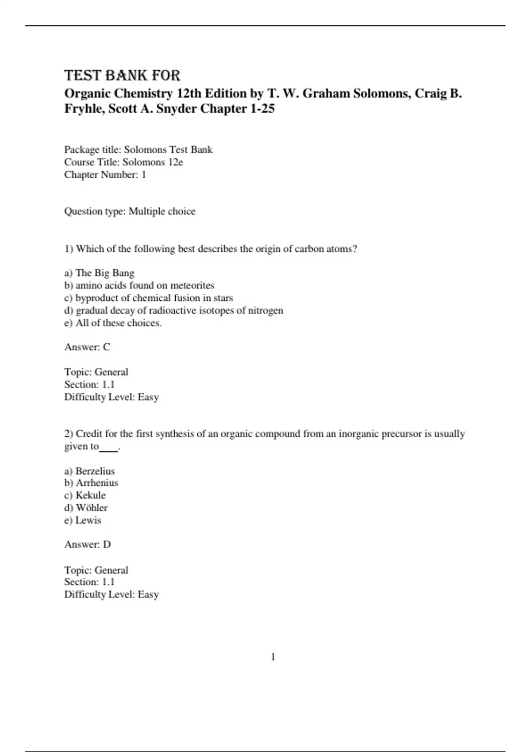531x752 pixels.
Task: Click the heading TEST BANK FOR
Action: (x=122, y=75)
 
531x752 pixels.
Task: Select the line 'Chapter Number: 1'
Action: (x=105, y=175)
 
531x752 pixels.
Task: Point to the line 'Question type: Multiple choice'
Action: (x=130, y=211)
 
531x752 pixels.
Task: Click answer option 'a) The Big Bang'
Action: (x=99, y=273)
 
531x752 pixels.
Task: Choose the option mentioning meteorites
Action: (x=139, y=285)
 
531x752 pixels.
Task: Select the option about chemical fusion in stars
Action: (x=148, y=298)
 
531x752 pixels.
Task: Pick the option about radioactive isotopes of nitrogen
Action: (x=173, y=311)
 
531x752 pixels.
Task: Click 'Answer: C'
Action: (x=87, y=347)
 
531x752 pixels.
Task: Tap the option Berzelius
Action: (x=89, y=471)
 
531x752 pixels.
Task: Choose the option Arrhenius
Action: (x=91, y=483)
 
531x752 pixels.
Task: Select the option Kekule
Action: (x=85, y=495)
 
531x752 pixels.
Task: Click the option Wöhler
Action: (x=86, y=508)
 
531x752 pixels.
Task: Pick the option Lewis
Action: (x=83, y=520)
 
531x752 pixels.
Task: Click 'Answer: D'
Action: (x=88, y=545)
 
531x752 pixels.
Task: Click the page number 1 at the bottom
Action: (x=273, y=657)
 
